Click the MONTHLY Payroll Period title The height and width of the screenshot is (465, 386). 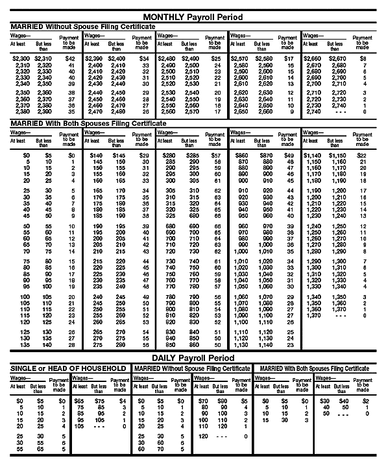(x=193, y=16)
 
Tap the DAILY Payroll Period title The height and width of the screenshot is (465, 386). (x=193, y=357)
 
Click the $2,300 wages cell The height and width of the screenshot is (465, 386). (x=20, y=58)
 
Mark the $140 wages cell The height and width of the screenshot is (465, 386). (x=97, y=156)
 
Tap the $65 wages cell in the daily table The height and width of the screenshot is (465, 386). (x=80, y=401)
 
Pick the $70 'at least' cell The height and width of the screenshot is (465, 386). (x=204, y=401)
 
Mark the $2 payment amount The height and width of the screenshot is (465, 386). (x=367, y=401)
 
